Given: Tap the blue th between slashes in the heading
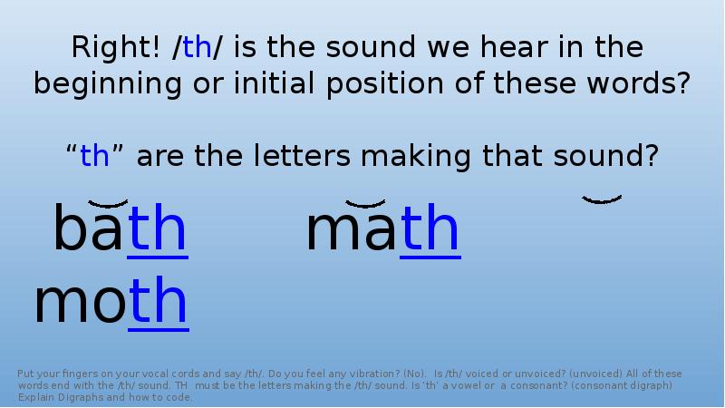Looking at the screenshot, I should point(197,47).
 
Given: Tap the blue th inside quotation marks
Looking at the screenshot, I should point(94,156).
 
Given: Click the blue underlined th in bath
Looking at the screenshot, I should point(158,229).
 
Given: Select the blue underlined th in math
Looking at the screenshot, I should point(430,229).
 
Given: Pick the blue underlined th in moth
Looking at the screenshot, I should point(158,303).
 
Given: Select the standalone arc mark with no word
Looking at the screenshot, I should point(602,199).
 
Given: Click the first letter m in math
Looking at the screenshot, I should point(327,232).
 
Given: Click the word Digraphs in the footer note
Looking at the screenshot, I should point(84,397).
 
